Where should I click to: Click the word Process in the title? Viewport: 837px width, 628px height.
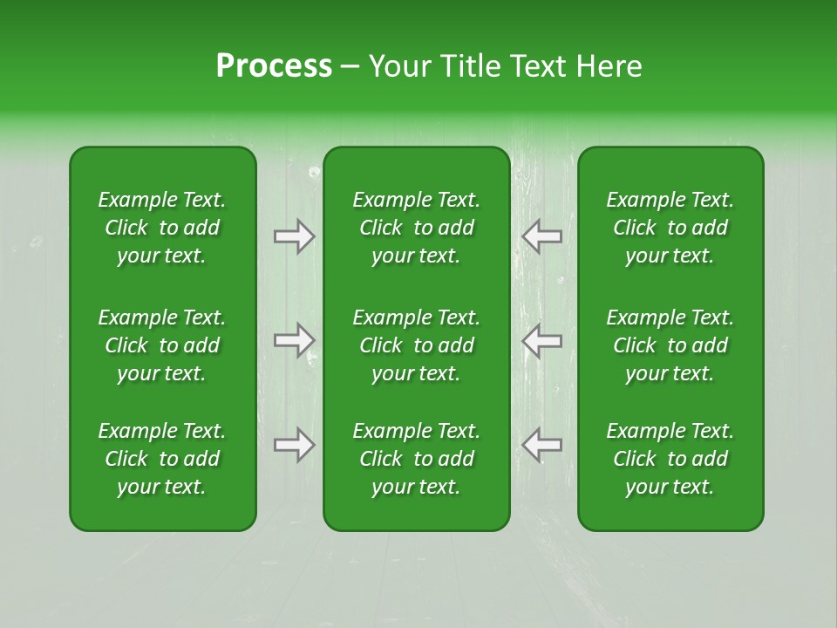pyautogui.click(x=274, y=66)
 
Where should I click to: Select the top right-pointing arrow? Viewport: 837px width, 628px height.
pyautogui.click(x=295, y=236)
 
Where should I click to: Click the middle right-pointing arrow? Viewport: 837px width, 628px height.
pyautogui.click(x=295, y=340)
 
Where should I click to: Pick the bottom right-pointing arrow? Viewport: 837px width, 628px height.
pyautogui.click(x=295, y=445)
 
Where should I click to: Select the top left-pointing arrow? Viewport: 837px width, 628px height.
pyautogui.click(x=541, y=236)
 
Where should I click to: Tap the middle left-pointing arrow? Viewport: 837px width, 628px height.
pyautogui.click(x=541, y=340)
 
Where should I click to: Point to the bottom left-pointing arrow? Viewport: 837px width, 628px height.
pyautogui.click(x=541, y=445)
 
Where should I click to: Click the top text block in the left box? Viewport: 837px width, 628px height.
pyautogui.click(x=162, y=228)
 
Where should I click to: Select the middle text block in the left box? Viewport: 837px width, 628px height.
pyautogui.click(x=162, y=345)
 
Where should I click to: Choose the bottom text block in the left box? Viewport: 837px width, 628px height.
pyautogui.click(x=162, y=459)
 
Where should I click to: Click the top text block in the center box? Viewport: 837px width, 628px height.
pyautogui.click(x=417, y=228)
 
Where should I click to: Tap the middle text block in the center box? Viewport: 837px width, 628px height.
pyautogui.click(x=417, y=345)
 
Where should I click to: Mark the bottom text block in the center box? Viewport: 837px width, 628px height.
pyautogui.click(x=417, y=459)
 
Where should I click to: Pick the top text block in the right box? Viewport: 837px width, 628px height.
pyautogui.click(x=670, y=228)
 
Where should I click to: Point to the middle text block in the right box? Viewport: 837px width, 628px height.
pyautogui.click(x=670, y=345)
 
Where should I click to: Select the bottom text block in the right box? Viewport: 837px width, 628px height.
pyautogui.click(x=670, y=459)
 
